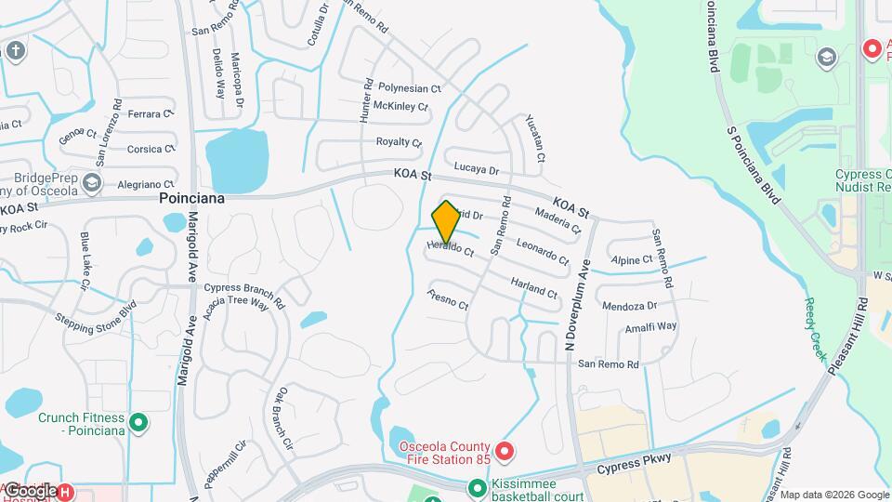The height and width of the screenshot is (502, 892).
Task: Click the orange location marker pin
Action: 446,221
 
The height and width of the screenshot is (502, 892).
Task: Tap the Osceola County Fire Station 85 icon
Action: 505,453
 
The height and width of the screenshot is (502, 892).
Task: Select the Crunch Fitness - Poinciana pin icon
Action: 138,424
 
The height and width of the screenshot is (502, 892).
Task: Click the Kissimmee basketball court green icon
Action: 477,487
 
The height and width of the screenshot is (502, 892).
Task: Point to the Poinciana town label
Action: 193,198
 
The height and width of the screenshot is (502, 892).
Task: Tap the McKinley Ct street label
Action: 400,107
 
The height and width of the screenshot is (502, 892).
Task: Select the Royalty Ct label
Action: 399,142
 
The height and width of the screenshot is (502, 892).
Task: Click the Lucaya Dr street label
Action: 477,170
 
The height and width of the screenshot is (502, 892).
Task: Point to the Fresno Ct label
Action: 448,299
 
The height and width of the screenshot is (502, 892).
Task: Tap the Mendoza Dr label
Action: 629,305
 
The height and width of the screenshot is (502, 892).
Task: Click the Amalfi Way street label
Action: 650,326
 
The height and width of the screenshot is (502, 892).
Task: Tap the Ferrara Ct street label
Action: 151,114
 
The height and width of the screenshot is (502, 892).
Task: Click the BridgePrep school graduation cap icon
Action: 91,182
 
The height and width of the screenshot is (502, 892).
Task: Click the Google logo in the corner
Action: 30,490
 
